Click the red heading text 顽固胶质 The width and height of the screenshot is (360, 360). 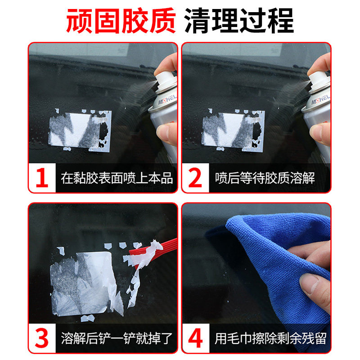coord(121,20)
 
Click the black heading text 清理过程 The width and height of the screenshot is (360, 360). coord(239,20)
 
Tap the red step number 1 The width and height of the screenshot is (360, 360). coord(42,177)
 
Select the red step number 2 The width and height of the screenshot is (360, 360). coord(195,177)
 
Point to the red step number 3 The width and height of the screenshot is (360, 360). coord(42,338)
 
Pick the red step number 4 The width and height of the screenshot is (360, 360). coord(195,338)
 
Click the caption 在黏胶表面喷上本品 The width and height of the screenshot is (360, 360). coord(117,178)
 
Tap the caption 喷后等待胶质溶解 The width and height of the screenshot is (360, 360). coord(265,178)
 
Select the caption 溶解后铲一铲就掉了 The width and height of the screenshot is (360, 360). coord(117,338)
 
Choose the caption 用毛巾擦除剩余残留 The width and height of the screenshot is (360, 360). coord(270,338)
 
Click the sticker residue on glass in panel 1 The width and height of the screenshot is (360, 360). coord(80,130)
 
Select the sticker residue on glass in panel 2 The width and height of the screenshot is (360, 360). coord(233,130)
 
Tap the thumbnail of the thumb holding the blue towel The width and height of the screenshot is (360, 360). coord(310,285)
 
